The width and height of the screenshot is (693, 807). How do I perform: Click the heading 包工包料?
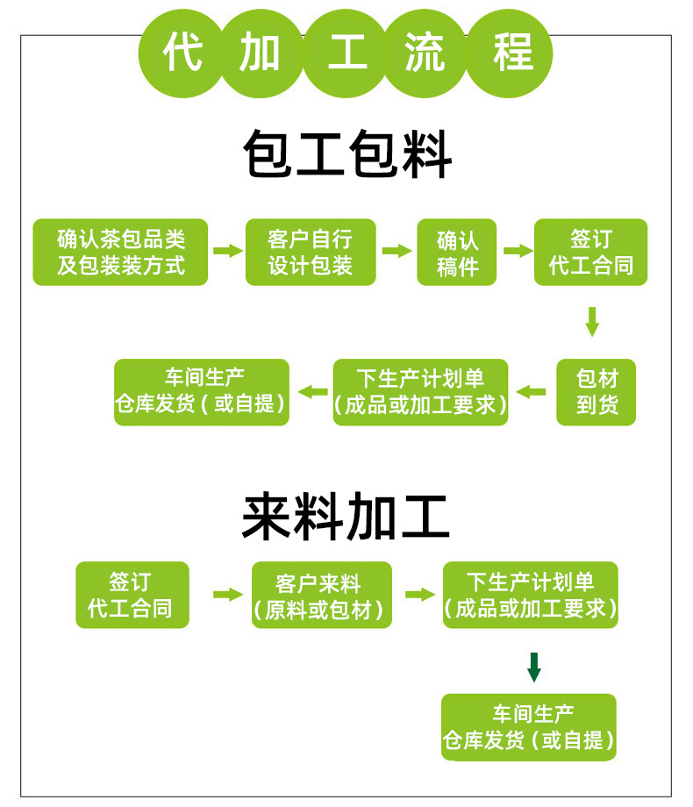[347, 156]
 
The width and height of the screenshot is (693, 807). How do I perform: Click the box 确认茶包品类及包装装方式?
[120, 252]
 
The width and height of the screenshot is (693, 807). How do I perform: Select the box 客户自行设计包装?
[311, 252]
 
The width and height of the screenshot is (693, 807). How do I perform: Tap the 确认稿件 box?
[457, 252]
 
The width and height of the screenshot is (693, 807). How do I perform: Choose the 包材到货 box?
[597, 392]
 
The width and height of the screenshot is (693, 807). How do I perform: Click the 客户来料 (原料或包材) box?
[322, 595]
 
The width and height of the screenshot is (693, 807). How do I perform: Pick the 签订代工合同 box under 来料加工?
[132, 595]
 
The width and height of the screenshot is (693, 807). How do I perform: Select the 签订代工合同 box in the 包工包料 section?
[590, 252]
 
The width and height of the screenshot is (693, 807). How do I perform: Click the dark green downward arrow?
[533, 666]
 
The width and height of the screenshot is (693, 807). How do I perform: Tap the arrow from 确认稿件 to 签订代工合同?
[518, 251]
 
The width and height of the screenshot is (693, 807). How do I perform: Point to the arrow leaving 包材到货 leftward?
[531, 391]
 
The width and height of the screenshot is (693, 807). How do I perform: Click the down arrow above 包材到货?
[592, 321]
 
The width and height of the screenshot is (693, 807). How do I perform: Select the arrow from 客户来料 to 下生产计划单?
[419, 594]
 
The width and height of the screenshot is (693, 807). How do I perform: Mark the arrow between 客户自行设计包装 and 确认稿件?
[397, 251]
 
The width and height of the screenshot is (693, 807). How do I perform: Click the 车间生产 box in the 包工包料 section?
[202, 392]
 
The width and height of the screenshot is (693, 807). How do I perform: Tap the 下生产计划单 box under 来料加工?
[530, 595]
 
